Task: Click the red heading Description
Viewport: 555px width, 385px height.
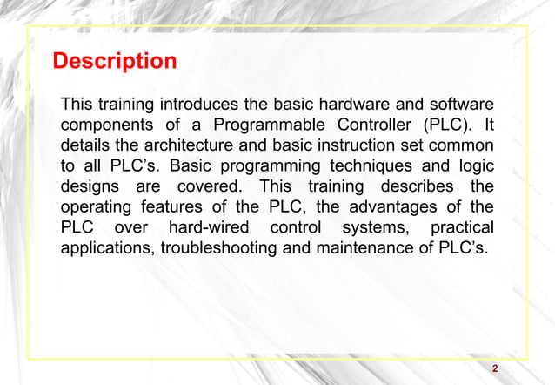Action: [x=115, y=63]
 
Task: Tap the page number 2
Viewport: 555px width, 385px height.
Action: [x=495, y=369]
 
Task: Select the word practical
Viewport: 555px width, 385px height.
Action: [x=462, y=227]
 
